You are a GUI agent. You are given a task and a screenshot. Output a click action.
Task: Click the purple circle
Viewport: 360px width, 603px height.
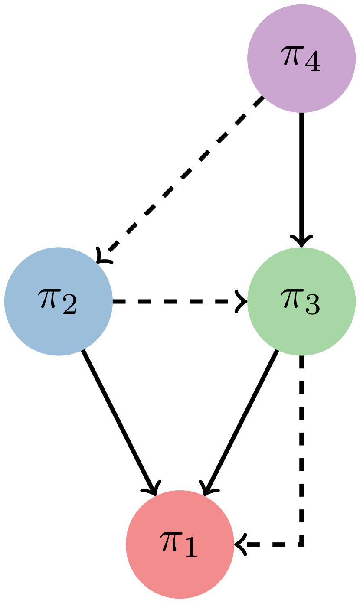coord(301,59)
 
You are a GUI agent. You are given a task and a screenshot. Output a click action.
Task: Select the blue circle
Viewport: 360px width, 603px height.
coord(59,301)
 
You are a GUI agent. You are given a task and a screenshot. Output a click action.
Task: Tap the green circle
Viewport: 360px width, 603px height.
coord(301,301)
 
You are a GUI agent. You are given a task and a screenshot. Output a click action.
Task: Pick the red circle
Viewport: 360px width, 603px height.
coord(180,544)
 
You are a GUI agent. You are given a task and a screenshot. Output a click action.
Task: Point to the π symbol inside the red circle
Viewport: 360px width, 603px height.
coord(170,542)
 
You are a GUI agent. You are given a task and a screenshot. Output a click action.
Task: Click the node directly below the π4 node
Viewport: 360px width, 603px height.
coord(301,301)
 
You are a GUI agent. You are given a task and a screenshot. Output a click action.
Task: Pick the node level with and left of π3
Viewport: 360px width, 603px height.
coord(59,301)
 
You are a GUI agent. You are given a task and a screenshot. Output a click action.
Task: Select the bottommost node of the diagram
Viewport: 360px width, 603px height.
coord(180,544)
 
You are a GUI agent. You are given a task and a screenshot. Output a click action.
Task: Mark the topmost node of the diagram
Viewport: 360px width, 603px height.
coord(301,59)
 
